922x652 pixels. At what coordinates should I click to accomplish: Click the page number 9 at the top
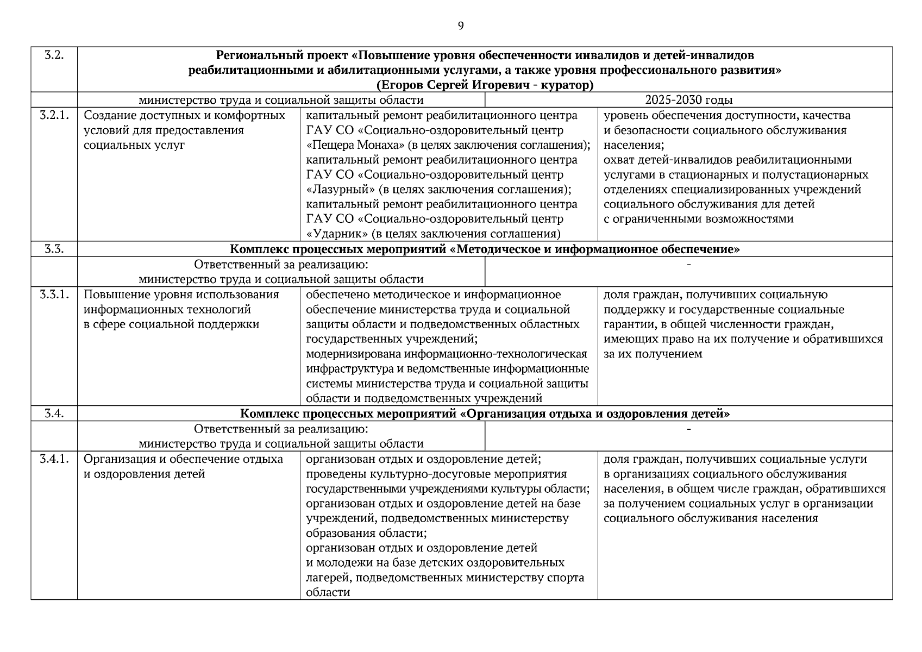point(461,26)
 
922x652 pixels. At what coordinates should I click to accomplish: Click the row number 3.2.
point(54,55)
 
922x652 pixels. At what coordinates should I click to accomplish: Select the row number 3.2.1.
point(54,116)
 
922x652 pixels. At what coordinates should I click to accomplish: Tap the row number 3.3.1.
point(54,295)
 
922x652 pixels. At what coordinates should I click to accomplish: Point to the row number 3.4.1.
point(54,460)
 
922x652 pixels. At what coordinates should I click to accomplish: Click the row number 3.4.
point(54,414)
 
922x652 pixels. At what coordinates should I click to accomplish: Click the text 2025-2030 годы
point(688,100)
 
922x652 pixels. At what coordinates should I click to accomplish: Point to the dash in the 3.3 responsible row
point(688,265)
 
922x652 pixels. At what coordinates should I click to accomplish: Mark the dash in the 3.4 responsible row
point(688,429)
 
